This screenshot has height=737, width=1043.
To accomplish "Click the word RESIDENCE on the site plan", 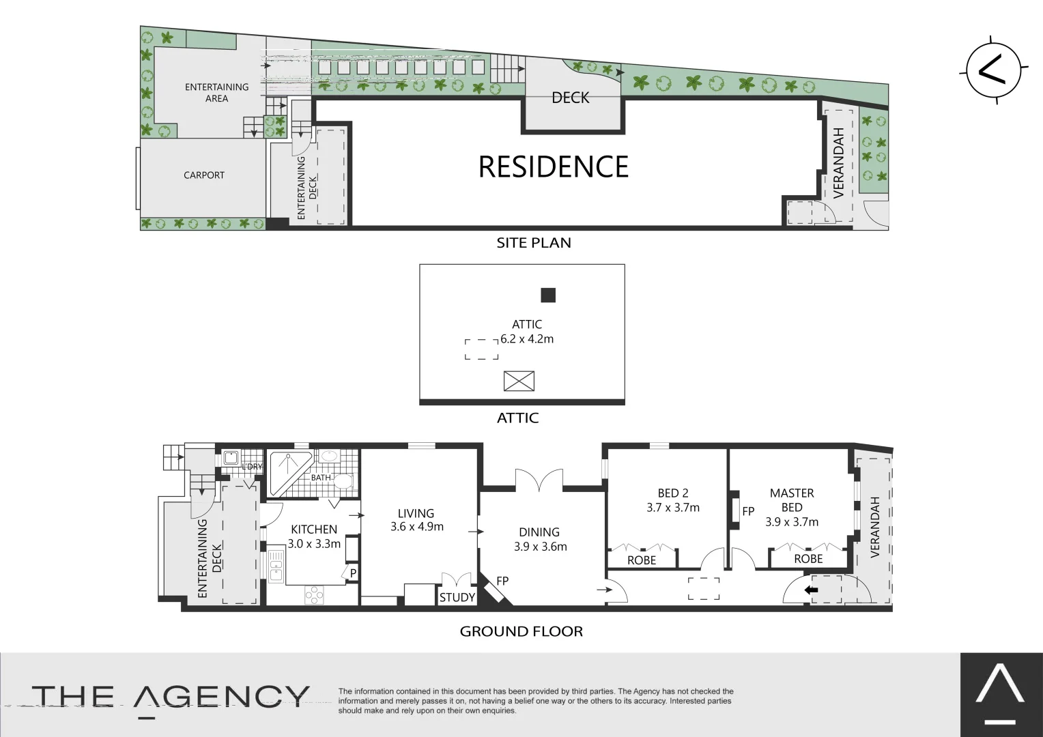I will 553,167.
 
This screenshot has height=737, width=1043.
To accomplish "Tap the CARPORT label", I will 203,175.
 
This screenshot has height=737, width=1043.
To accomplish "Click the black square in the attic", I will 548,295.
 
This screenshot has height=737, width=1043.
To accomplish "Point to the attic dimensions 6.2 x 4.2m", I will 527,339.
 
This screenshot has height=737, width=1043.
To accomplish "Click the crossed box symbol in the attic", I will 519,381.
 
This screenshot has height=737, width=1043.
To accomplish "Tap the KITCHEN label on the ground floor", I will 314,530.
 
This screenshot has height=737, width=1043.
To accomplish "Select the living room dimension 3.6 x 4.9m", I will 417,527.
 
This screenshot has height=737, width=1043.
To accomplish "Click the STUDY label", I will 457,598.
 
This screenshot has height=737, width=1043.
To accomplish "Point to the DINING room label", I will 539,532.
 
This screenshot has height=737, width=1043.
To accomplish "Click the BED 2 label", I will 672,493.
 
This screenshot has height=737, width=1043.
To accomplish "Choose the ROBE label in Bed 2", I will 642,560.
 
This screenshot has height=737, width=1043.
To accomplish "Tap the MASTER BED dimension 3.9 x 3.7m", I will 792,522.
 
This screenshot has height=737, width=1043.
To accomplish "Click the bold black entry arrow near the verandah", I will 811,590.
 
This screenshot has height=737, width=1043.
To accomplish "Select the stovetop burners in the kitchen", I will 315,595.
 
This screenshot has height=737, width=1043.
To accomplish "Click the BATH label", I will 321,478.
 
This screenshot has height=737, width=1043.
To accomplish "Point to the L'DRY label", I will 252,467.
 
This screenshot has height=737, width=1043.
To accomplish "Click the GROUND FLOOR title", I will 521,631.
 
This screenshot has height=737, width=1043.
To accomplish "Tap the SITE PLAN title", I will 534,243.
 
